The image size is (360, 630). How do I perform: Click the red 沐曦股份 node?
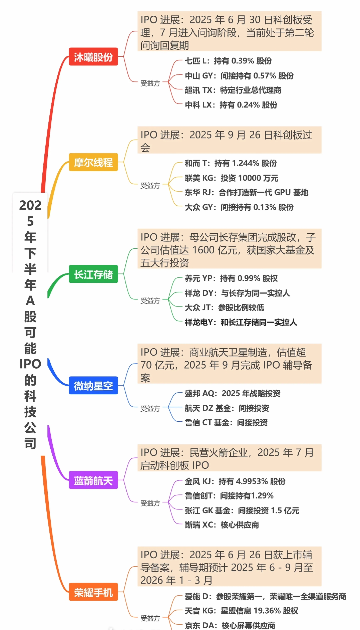point(93,57)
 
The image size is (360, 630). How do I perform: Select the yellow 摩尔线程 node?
point(93,162)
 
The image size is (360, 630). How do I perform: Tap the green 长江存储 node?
point(93,274)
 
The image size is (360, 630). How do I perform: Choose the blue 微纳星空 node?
point(93,386)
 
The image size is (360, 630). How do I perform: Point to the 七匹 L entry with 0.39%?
point(228,61)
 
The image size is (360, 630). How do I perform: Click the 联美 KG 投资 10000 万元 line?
point(232,178)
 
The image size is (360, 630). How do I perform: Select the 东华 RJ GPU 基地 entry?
point(247,192)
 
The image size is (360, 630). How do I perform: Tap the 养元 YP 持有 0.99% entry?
point(231,278)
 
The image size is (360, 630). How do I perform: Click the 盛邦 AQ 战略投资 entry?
point(233,393)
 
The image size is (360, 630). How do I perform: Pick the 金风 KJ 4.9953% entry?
point(235,481)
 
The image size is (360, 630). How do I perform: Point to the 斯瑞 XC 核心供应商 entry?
point(222,524)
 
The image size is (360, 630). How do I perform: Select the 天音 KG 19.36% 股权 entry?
point(242,610)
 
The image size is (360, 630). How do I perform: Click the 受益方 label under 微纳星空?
point(150,408)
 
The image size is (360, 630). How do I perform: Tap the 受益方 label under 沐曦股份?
point(150,83)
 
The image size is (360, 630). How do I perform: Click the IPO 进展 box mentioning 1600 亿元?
point(229,249)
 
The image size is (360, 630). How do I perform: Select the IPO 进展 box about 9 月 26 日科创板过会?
point(229,140)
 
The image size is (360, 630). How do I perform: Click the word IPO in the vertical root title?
point(30,364)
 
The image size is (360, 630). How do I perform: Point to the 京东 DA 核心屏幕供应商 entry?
point(230,625)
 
